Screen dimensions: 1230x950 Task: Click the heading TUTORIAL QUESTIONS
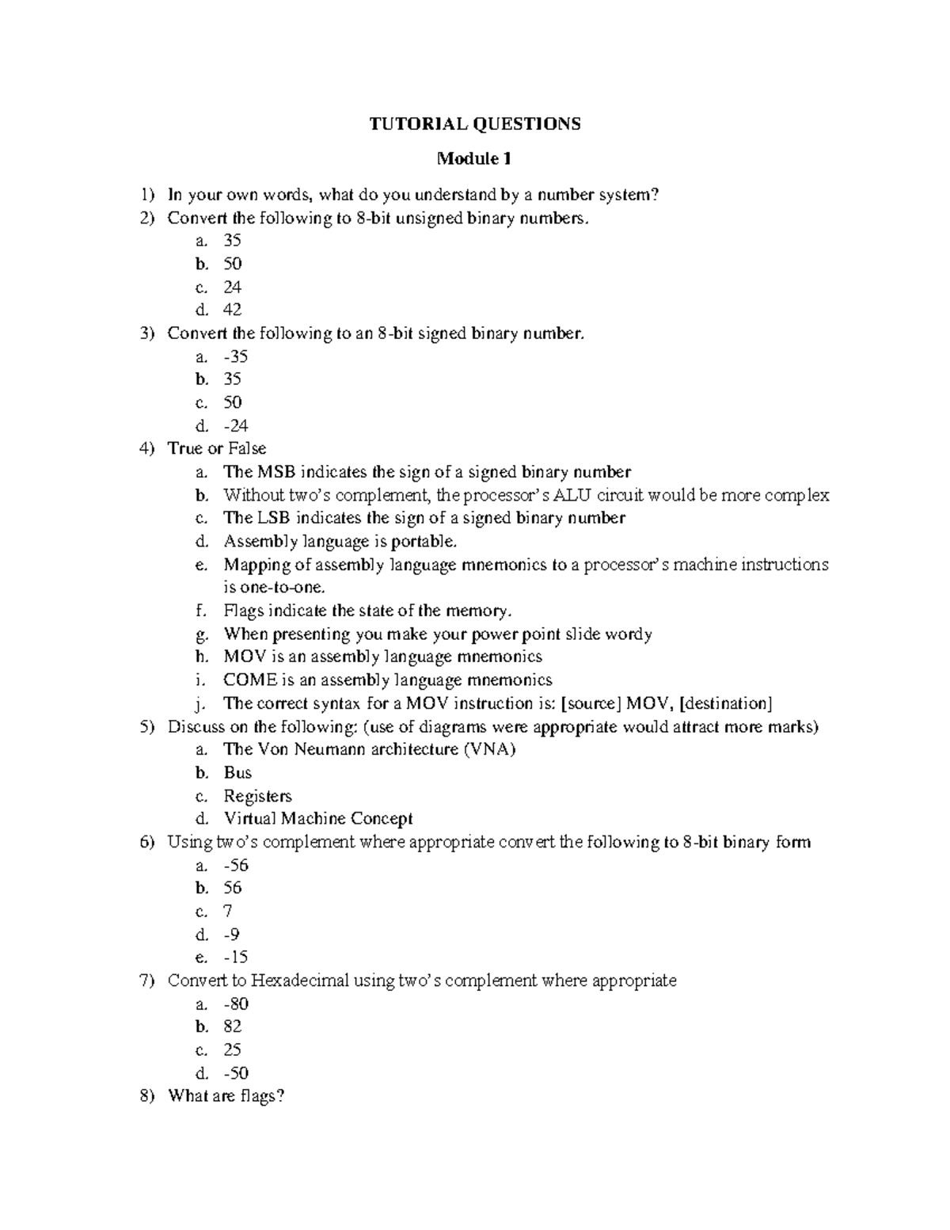point(475,124)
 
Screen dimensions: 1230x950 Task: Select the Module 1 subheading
point(474,159)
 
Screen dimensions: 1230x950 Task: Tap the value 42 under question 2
point(232,310)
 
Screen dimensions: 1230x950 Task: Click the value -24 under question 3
point(236,425)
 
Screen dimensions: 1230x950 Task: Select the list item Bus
point(237,773)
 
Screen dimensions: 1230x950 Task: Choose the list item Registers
point(257,796)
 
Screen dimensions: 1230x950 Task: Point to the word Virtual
point(249,819)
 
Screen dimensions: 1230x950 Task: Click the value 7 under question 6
point(229,911)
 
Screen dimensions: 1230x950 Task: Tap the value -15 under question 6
point(236,957)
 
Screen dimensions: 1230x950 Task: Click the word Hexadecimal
point(300,981)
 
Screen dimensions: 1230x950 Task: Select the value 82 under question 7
point(233,1026)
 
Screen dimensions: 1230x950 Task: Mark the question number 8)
point(147,1096)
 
